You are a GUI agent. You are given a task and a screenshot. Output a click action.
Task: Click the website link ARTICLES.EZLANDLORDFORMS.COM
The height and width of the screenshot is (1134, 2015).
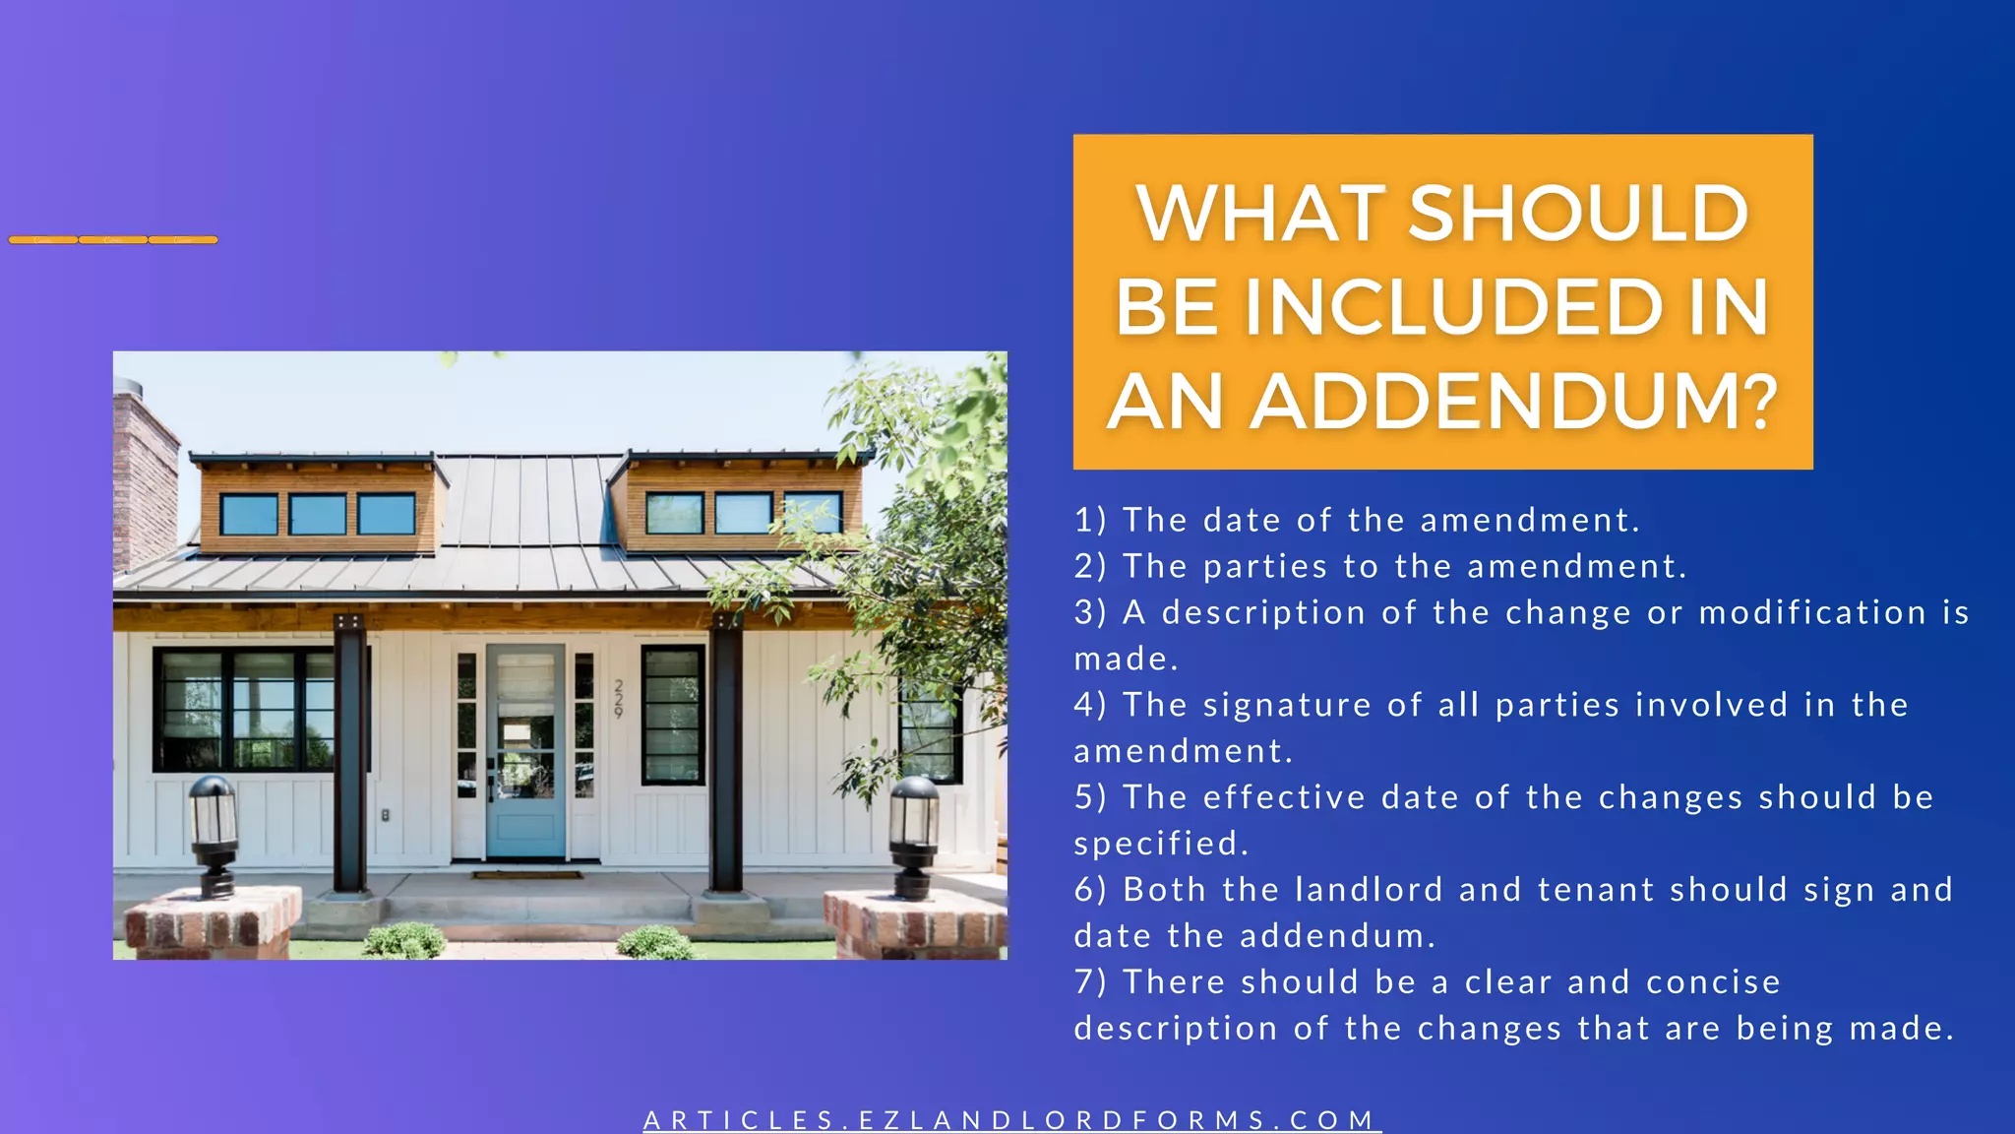pyautogui.click(x=1011, y=1120)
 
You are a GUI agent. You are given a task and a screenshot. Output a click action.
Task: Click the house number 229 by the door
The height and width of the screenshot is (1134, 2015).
pyautogui.click(x=619, y=698)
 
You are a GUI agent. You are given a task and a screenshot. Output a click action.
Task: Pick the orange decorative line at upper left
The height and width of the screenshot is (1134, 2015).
pyautogui.click(x=113, y=239)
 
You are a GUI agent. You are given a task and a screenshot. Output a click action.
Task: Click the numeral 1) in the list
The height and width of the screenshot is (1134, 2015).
pyautogui.click(x=1090, y=520)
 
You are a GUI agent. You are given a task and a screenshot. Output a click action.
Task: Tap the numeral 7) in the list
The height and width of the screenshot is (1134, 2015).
pyautogui.click(x=1090, y=982)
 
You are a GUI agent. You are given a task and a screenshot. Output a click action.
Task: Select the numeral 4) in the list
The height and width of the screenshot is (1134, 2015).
pyautogui.click(x=1090, y=705)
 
